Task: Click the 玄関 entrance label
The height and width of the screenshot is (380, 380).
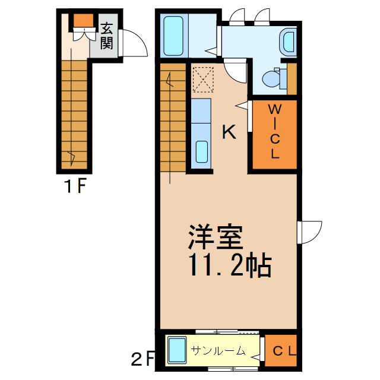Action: coord(107,36)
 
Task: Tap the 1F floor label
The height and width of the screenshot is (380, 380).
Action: coord(76,188)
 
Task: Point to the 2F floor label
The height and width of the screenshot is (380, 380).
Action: coord(142,359)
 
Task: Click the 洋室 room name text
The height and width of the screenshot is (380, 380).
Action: coord(216,237)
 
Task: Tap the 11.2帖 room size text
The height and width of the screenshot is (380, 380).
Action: coord(230,266)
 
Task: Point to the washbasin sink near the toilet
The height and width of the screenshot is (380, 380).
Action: coord(289,42)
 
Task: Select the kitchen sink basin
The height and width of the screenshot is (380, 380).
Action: coord(201,152)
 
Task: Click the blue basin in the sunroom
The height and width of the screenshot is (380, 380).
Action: coord(177,350)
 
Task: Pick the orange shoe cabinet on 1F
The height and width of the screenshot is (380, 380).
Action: coord(84,21)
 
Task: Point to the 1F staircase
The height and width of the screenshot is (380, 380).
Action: coord(74,113)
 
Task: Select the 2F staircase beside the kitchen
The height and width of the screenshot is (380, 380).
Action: coord(172,119)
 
